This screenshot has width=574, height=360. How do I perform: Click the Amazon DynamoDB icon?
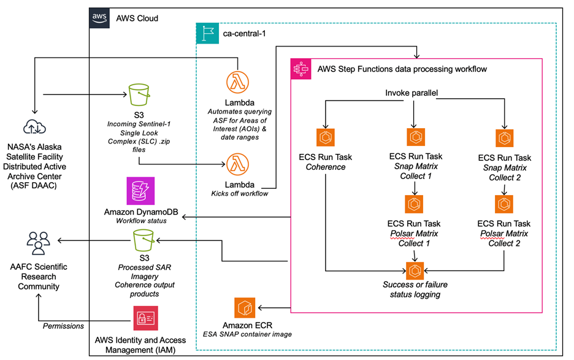tap(139, 191)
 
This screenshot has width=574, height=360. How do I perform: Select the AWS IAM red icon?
tap(145, 318)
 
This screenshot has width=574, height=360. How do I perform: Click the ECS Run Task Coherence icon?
tap(325, 137)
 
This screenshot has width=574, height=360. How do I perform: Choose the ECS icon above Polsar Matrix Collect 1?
tap(414, 204)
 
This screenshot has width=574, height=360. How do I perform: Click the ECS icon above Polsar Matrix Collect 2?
tap(505, 204)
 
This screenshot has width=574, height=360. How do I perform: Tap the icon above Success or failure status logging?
tap(415, 269)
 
